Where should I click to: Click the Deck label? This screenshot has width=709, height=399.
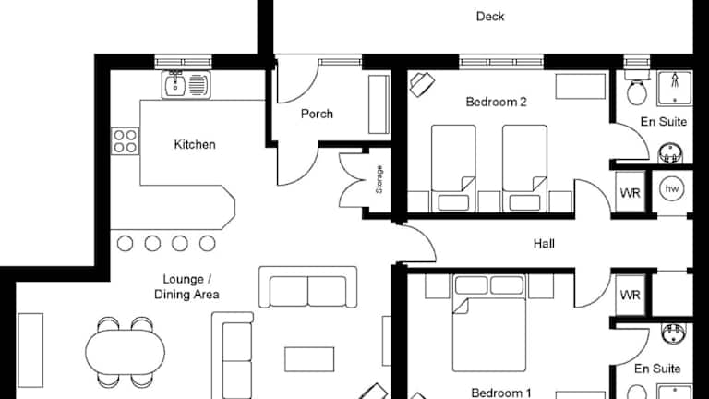490,17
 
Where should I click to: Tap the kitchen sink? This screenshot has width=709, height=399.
186,85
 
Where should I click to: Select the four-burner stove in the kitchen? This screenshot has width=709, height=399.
126,141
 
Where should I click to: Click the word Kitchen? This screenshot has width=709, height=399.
195,145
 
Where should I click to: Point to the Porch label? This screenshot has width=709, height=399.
317,114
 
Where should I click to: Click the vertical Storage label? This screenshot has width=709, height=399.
379,179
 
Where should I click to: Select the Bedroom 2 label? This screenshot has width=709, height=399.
496,102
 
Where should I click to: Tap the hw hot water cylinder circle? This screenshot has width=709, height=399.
672,189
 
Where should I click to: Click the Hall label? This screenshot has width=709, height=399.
544,244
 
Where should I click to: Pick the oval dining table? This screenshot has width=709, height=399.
126,352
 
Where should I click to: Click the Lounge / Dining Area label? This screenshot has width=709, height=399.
186,287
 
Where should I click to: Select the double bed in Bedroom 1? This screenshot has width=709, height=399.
489,323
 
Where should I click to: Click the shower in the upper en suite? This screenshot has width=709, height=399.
675,88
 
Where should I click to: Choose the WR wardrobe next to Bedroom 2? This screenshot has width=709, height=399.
631,193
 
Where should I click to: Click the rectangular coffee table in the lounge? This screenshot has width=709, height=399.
309,359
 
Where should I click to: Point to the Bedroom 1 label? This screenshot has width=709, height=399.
501,393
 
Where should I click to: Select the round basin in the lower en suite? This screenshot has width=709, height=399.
673,333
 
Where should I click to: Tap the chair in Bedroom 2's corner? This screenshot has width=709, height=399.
422,85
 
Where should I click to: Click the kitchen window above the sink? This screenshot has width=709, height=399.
183,62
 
